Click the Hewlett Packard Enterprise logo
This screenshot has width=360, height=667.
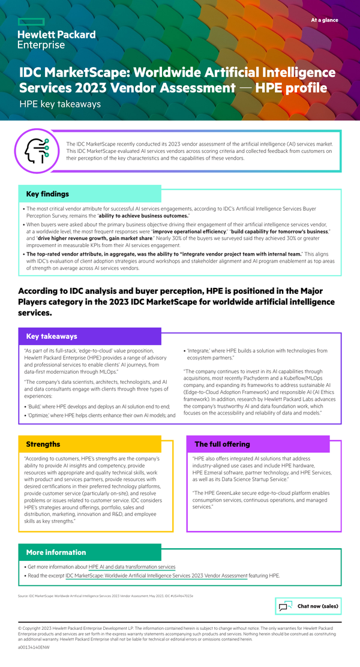(x=56, y=40)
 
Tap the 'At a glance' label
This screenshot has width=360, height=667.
(x=324, y=20)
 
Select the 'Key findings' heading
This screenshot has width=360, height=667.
(x=47, y=194)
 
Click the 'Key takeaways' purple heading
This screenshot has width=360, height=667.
(x=52, y=336)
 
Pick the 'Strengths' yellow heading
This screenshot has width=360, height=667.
(x=43, y=444)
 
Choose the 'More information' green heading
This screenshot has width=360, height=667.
(x=56, y=552)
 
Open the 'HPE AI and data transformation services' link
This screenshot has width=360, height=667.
(x=132, y=567)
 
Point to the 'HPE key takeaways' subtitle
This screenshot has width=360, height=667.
(x=60, y=104)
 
